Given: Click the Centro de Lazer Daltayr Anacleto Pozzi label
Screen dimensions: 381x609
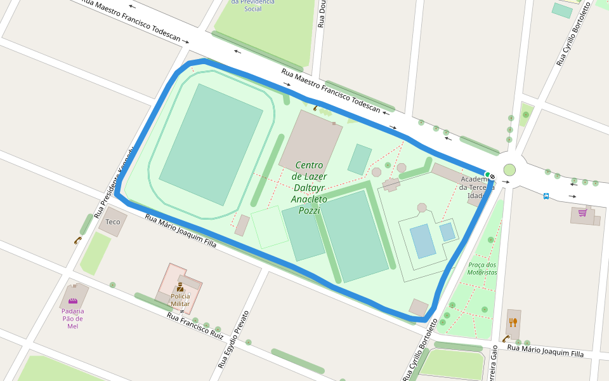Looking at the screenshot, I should (x=309, y=187).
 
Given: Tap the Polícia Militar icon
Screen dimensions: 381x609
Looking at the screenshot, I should (x=180, y=286).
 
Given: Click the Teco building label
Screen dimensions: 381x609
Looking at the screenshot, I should (x=112, y=222).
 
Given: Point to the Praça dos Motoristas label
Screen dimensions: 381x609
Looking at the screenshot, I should (x=482, y=269).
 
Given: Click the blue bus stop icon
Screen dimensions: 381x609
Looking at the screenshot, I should (x=546, y=196).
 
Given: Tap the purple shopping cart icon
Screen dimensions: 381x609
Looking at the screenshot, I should (x=582, y=213).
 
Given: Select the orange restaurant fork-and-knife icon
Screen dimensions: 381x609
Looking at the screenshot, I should (x=514, y=323).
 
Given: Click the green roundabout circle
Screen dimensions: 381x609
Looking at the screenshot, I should (x=509, y=170).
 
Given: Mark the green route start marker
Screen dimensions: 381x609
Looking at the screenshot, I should (x=487, y=174).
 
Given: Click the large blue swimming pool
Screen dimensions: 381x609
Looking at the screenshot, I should (x=423, y=241).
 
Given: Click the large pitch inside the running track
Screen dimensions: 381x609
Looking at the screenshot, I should (x=211, y=144).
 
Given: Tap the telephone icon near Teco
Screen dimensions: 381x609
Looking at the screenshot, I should (x=77, y=240).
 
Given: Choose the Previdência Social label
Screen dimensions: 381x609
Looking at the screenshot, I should (x=252, y=5).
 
